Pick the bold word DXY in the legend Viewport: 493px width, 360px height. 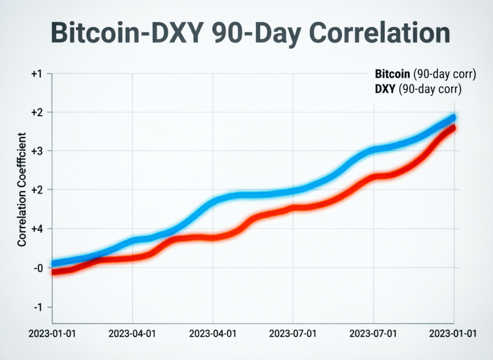384,89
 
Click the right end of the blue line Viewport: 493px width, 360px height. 453,118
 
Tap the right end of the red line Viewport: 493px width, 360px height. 453,128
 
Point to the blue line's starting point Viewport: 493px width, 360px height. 53,264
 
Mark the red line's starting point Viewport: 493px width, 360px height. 53,272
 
